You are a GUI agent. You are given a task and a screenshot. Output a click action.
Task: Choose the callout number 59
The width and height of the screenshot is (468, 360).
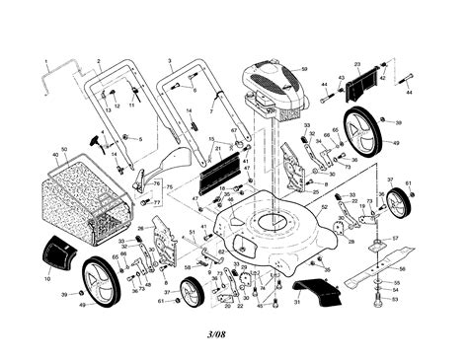[304, 69]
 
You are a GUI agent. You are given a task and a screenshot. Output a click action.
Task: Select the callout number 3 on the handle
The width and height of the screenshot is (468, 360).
[170, 60]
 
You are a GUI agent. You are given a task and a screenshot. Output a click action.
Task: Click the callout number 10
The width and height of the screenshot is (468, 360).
[46, 279]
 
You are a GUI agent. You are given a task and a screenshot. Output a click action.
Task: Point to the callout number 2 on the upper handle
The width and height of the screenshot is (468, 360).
[98, 60]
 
